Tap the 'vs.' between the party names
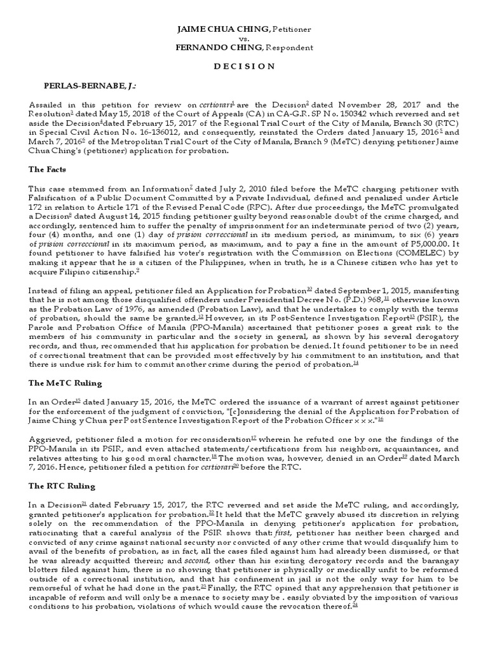(x=245, y=39)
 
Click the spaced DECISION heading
(x=245, y=66)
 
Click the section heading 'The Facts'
(x=48, y=169)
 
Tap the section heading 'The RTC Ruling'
(x=61, y=486)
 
